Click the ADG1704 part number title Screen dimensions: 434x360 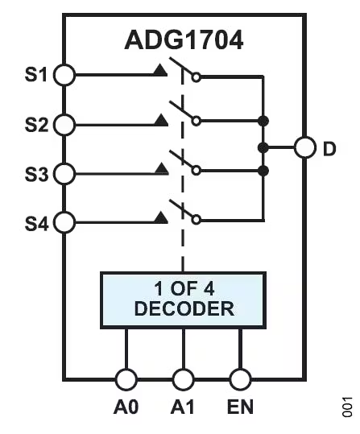[184, 39]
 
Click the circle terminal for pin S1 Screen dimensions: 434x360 [64, 75]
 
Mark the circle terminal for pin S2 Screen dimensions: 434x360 [64, 124]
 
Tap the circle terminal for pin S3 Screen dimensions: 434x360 [64, 173]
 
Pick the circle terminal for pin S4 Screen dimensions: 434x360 [64, 221]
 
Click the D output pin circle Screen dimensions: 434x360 [304, 148]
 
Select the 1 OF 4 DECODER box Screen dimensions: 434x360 [183, 298]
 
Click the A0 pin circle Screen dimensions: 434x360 [126, 380]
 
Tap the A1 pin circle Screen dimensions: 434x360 [184, 380]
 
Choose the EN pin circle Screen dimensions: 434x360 [241, 380]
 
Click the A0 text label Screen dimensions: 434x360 [126, 408]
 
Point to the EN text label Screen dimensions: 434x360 [241, 408]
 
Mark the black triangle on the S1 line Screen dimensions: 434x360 [160, 72]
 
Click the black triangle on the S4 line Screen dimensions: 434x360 [160, 217]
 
